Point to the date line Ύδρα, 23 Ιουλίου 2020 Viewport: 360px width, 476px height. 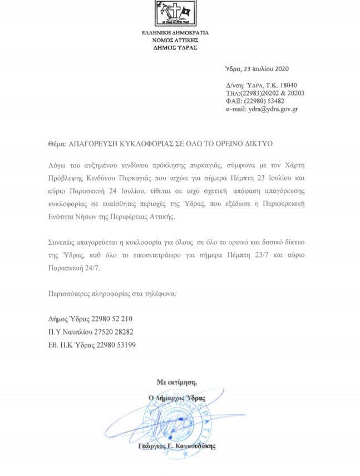(x=258, y=69)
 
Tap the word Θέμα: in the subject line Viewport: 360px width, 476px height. (x=57, y=143)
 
